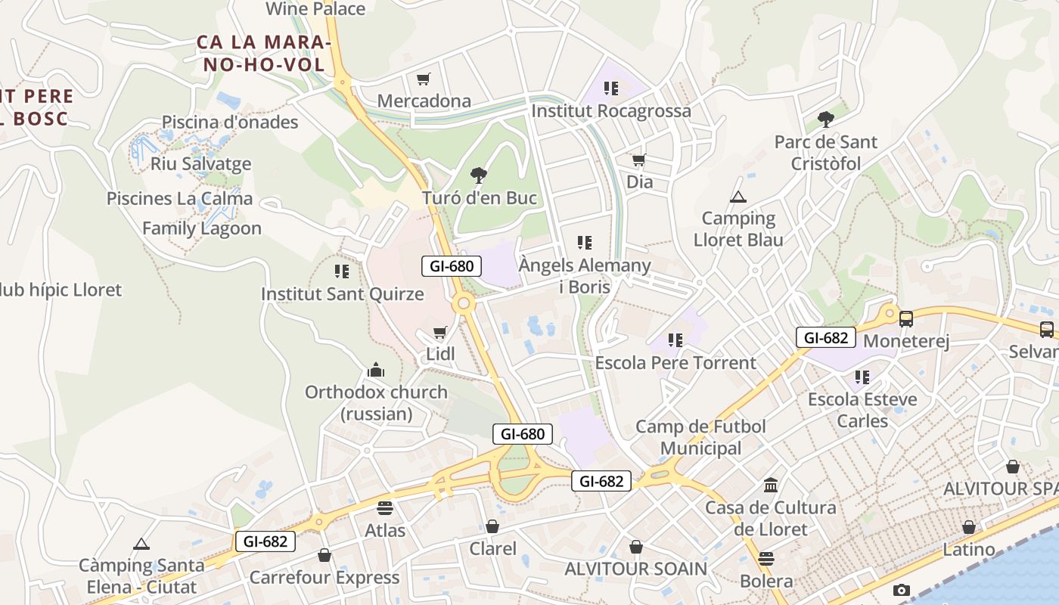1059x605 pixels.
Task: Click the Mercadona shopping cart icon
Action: (424, 79)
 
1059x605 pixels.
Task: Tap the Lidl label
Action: (440, 353)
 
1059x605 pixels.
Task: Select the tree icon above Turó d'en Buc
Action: (478, 175)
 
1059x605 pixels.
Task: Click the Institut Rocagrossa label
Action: (611, 111)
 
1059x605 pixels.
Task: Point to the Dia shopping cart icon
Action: (639, 160)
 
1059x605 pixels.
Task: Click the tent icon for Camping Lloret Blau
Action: (738, 197)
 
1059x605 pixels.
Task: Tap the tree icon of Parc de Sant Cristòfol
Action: (825, 119)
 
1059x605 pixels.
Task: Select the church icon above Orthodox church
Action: (376, 370)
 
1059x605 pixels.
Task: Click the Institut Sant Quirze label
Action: (342, 293)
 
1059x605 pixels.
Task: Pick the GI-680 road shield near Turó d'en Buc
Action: (452, 266)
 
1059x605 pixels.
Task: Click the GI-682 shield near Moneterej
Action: (826, 337)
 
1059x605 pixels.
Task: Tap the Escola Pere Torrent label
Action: (675, 362)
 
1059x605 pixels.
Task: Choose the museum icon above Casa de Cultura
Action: (771, 485)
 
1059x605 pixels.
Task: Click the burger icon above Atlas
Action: (385, 507)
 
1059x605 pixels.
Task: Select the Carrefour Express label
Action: (325, 578)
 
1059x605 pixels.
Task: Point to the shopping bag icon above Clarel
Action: (492, 526)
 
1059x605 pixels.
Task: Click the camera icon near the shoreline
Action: (901, 590)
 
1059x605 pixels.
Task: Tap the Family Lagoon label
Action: (202, 228)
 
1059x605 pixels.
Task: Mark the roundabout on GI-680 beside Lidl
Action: (464, 304)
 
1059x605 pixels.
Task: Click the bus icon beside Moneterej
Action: (905, 318)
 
